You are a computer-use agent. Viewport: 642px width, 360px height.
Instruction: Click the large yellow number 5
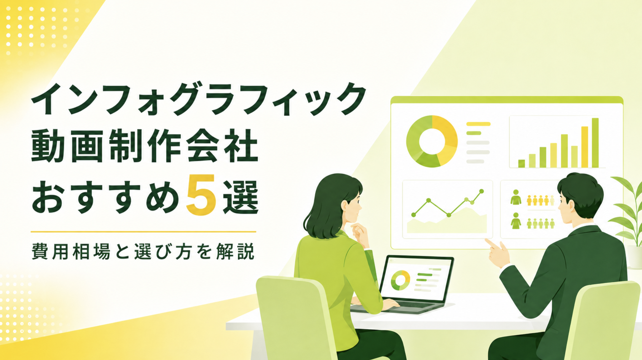(201, 195)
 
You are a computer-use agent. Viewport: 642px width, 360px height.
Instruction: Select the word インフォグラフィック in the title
(199, 99)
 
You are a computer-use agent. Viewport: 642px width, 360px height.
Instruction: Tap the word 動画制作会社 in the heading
(145, 146)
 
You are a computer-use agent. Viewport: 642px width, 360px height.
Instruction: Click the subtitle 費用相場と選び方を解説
(143, 251)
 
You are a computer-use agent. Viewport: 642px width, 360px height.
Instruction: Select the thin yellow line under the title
(143, 232)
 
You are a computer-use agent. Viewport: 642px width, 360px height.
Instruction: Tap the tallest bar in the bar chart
(595, 143)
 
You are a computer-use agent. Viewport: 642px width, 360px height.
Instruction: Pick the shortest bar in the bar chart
(522, 164)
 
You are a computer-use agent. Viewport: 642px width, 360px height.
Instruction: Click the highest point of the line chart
(481, 191)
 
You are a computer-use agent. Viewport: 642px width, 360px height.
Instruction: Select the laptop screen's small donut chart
(400, 280)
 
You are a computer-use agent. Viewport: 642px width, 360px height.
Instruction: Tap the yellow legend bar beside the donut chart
(478, 124)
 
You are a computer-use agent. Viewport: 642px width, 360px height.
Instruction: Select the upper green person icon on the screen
(516, 197)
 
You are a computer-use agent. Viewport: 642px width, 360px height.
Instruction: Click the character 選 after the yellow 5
(241, 197)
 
